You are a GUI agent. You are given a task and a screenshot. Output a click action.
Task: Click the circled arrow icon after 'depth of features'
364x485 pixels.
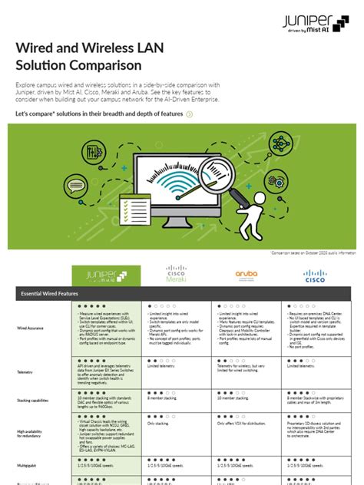coord(190,114)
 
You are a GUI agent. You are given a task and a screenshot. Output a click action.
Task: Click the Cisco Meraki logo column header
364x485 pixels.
coord(177,274)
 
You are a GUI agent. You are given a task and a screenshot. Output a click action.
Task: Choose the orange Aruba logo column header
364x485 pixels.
coord(245,274)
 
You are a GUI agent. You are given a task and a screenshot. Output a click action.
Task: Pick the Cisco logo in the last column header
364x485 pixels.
coord(315,274)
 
